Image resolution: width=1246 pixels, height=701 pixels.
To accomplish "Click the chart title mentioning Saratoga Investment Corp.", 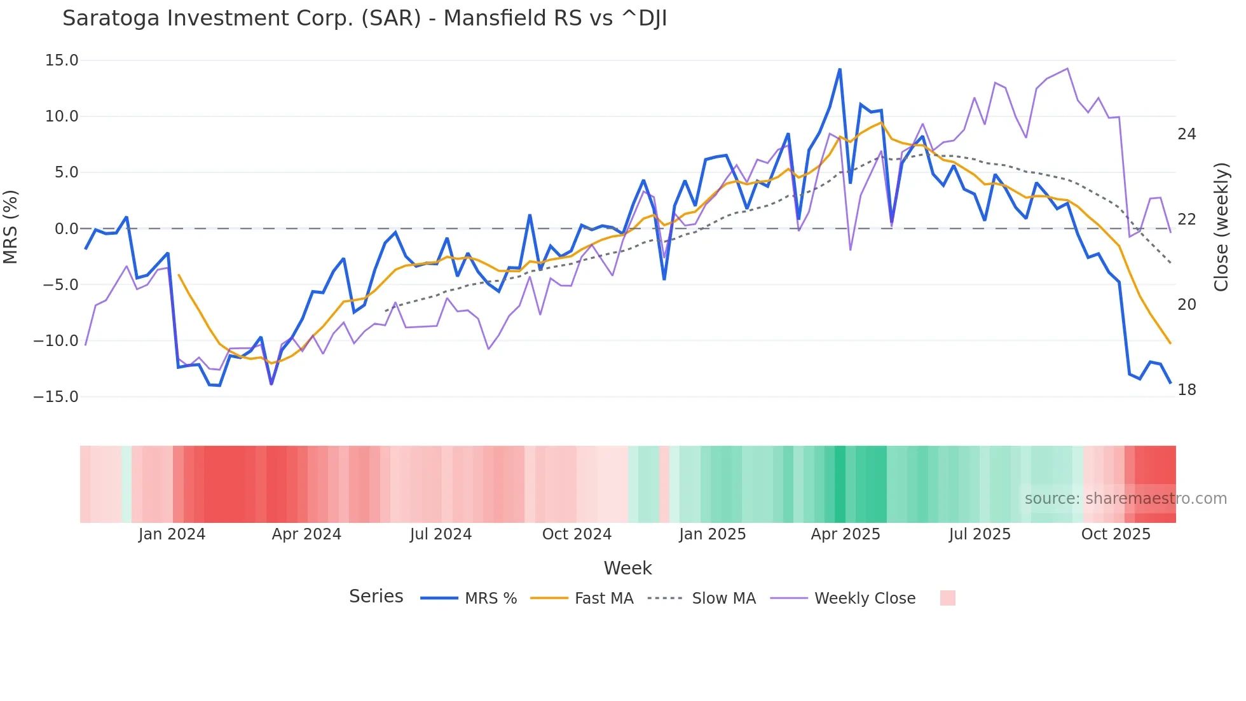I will pos(364,18).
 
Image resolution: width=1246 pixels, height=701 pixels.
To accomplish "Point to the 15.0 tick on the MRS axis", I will pos(62,60).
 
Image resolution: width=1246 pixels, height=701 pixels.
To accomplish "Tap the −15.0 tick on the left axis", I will pos(56,397).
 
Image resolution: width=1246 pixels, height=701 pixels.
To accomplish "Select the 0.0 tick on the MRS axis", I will pos(66,228).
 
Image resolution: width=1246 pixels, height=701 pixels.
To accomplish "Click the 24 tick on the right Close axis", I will pos(1186,134).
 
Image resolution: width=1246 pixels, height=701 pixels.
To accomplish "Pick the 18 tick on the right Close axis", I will pos(1186,390).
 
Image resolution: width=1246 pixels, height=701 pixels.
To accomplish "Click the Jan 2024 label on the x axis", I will pos(172,534).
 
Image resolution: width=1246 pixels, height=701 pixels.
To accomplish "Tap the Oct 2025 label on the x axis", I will pos(1116,534).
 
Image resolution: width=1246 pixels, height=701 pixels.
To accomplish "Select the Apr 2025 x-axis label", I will pos(845,534).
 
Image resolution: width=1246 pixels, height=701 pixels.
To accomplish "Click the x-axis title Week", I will pos(627,568).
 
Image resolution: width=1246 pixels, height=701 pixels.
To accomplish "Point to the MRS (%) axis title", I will pos(11,227).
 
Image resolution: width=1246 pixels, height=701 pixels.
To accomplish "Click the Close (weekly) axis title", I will pos(1221,227).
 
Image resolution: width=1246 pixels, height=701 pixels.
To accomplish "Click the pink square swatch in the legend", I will pos(947,598).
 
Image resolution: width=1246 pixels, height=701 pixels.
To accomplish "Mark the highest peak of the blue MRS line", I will pos(840,69).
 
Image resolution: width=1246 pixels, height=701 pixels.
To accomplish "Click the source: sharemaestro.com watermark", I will pos(1125,499).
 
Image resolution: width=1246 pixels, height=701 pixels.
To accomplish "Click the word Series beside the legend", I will pos(376,597).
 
